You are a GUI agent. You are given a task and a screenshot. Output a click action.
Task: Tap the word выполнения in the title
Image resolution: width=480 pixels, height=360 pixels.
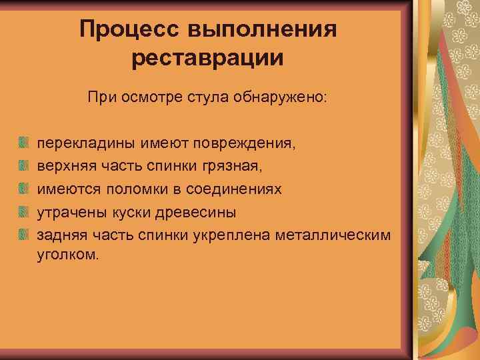tap(261, 29)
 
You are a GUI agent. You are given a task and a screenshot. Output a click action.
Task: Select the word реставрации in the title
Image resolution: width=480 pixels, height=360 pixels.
tap(207, 57)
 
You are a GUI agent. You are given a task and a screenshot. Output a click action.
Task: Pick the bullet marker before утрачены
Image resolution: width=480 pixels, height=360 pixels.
tap(23, 212)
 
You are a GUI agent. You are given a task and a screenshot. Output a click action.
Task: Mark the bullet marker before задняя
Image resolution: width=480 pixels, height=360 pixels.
tap(23, 235)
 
